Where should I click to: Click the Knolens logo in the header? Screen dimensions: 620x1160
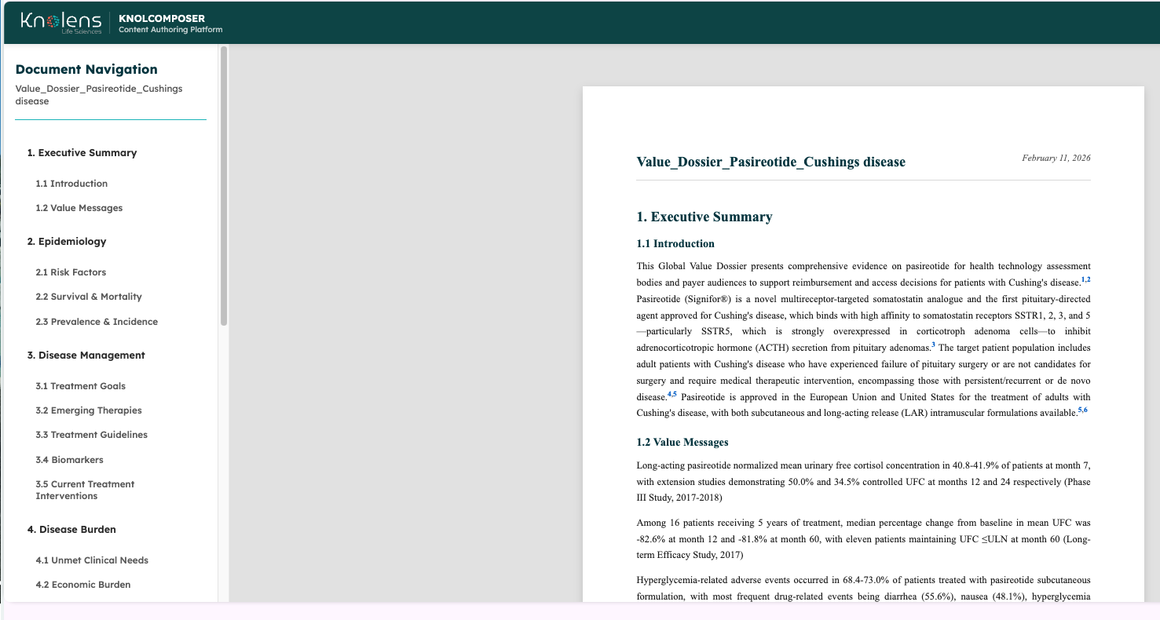point(61,23)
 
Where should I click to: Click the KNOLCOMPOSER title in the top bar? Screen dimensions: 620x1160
point(162,18)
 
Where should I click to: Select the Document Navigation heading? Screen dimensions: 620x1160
point(86,69)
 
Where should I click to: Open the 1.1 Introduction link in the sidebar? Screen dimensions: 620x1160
point(71,184)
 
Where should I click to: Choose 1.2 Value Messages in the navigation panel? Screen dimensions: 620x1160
point(79,208)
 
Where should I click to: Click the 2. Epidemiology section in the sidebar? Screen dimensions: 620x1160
point(67,242)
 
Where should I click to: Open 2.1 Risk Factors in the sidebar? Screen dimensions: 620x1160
point(71,272)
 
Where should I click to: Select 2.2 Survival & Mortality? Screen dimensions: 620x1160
point(89,297)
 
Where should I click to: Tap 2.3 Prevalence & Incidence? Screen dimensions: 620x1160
point(97,322)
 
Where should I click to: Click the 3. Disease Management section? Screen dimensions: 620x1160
point(86,356)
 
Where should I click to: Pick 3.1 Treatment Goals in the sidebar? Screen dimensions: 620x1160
point(80,386)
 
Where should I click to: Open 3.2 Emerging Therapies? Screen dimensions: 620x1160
point(89,410)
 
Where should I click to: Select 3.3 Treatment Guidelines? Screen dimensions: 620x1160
point(91,435)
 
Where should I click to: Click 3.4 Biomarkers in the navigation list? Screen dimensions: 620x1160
point(69,460)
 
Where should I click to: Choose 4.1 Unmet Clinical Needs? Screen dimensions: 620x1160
point(92,560)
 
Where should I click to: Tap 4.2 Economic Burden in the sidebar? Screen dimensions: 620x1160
point(83,585)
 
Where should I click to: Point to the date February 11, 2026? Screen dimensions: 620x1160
point(1056,158)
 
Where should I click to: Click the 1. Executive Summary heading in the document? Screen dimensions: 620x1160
point(704,217)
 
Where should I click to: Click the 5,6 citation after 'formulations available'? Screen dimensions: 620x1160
point(1083,410)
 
